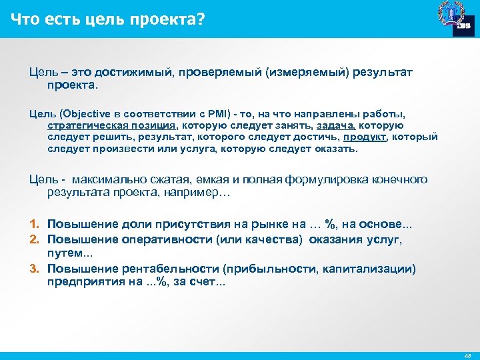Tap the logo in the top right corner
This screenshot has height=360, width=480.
[x=455, y=18]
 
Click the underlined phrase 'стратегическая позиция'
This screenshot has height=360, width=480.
[x=112, y=125]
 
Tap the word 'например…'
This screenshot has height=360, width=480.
[x=200, y=193]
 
